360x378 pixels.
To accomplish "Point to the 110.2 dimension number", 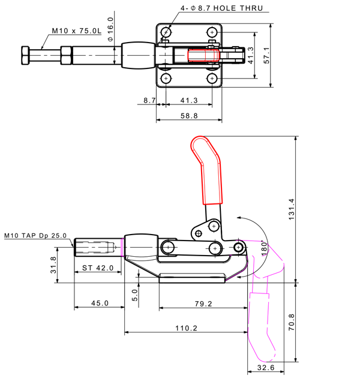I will [x=186, y=328].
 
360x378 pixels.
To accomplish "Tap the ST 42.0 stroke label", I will [x=98, y=268].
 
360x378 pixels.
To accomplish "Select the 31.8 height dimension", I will [x=53, y=265].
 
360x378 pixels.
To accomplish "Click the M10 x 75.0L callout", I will [x=76, y=30].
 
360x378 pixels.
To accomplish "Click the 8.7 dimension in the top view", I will [x=149, y=100].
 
